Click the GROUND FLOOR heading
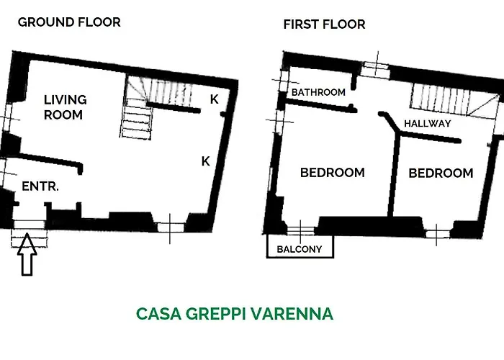click(69, 22)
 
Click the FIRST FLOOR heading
click(324, 24)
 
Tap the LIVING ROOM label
click(65, 107)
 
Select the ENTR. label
click(40, 186)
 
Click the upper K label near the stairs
click(214, 99)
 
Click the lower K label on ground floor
click(205, 161)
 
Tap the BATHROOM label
click(318, 93)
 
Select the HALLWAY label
click(427, 123)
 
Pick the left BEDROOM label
click(332, 173)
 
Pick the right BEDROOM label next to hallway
click(441, 173)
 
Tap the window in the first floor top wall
click(375, 68)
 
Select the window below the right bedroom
click(436, 233)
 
